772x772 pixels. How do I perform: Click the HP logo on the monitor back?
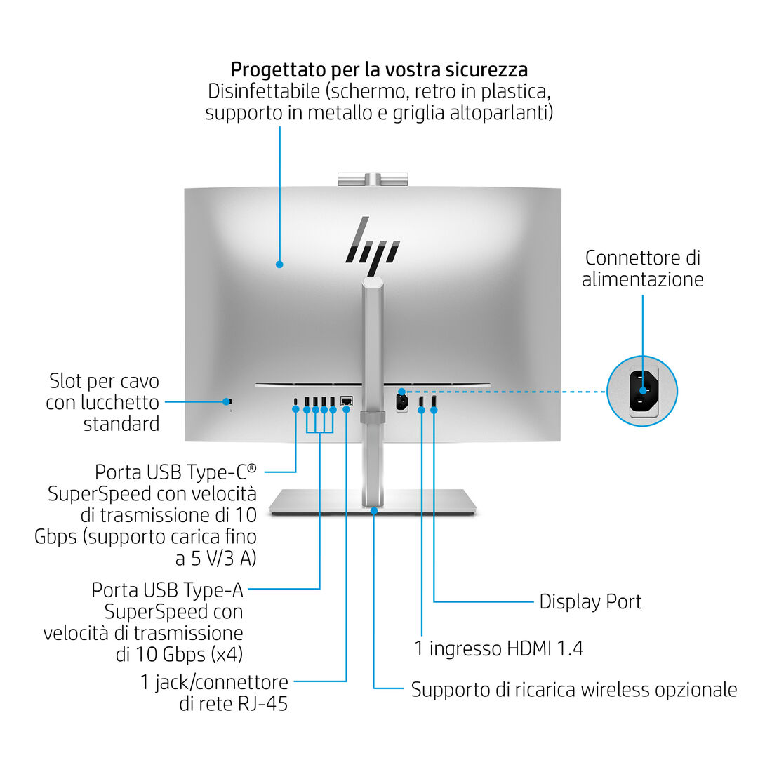pos(373,245)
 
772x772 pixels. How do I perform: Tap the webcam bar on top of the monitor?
pos(371,179)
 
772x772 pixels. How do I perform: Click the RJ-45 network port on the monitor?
pos(346,401)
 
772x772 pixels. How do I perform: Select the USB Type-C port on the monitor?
pos(296,402)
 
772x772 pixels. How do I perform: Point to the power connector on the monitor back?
pos(401,402)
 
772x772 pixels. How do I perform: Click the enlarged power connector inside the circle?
pos(644,391)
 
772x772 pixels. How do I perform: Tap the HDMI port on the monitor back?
pos(421,402)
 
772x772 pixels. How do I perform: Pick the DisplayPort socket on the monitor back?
pos(434,402)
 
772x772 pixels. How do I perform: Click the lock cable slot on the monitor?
pos(227,401)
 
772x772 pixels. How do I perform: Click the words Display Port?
pos(590,601)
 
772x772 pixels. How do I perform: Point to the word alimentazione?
pos(642,279)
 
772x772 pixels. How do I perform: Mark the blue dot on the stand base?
pos(374,512)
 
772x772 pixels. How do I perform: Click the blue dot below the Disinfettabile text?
pos(279,265)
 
